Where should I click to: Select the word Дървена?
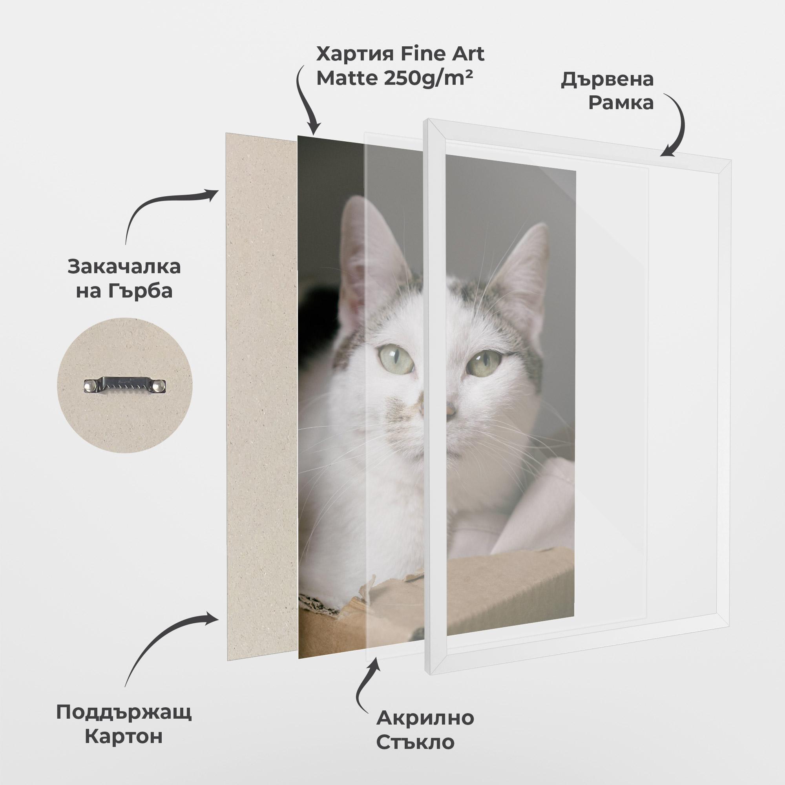607,80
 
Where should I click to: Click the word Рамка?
621,103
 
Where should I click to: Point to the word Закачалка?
124,267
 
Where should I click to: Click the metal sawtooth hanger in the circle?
125,385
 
